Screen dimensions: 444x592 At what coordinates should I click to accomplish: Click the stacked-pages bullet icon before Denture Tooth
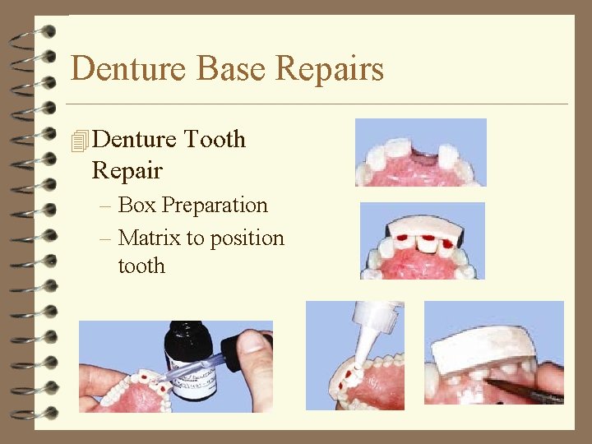(79, 141)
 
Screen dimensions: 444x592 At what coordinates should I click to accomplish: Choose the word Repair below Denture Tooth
(127, 172)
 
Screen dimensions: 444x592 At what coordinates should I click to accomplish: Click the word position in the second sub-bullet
(247, 239)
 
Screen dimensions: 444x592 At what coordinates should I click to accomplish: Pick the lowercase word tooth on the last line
(141, 266)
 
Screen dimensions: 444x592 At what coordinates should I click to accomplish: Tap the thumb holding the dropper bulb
(256, 374)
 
